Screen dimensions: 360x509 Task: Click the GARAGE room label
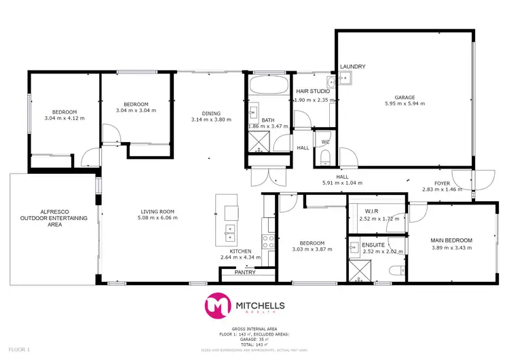(404, 97)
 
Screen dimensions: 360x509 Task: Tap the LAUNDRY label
(353, 67)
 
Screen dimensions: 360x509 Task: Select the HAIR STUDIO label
(313, 91)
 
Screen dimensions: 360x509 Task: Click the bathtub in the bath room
(268, 86)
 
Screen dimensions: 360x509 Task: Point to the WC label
(325, 142)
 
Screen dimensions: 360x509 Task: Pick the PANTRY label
(244, 272)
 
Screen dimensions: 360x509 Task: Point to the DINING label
(211, 113)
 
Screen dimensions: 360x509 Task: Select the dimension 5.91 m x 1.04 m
(341, 183)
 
